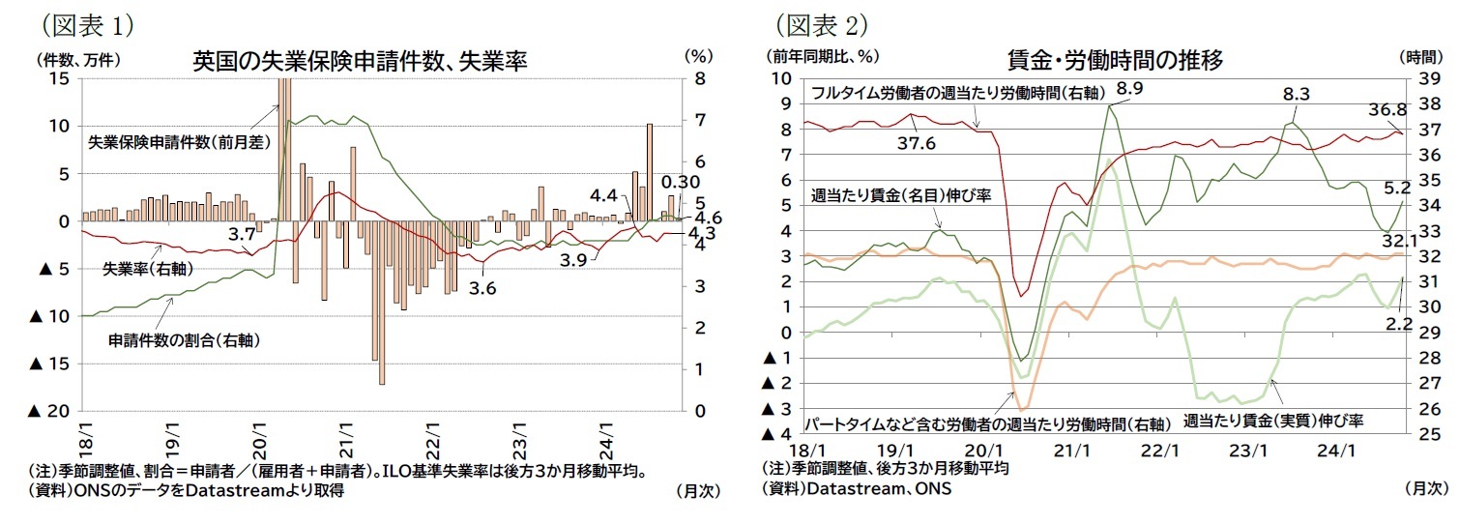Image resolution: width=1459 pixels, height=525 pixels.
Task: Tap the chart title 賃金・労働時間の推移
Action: (1112, 60)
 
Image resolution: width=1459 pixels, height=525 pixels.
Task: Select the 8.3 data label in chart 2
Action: (1296, 94)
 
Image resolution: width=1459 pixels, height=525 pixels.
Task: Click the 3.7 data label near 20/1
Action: (241, 233)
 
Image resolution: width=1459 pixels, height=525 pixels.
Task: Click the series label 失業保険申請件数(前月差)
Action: (163, 141)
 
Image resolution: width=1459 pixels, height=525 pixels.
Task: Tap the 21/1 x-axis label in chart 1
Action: (345, 429)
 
